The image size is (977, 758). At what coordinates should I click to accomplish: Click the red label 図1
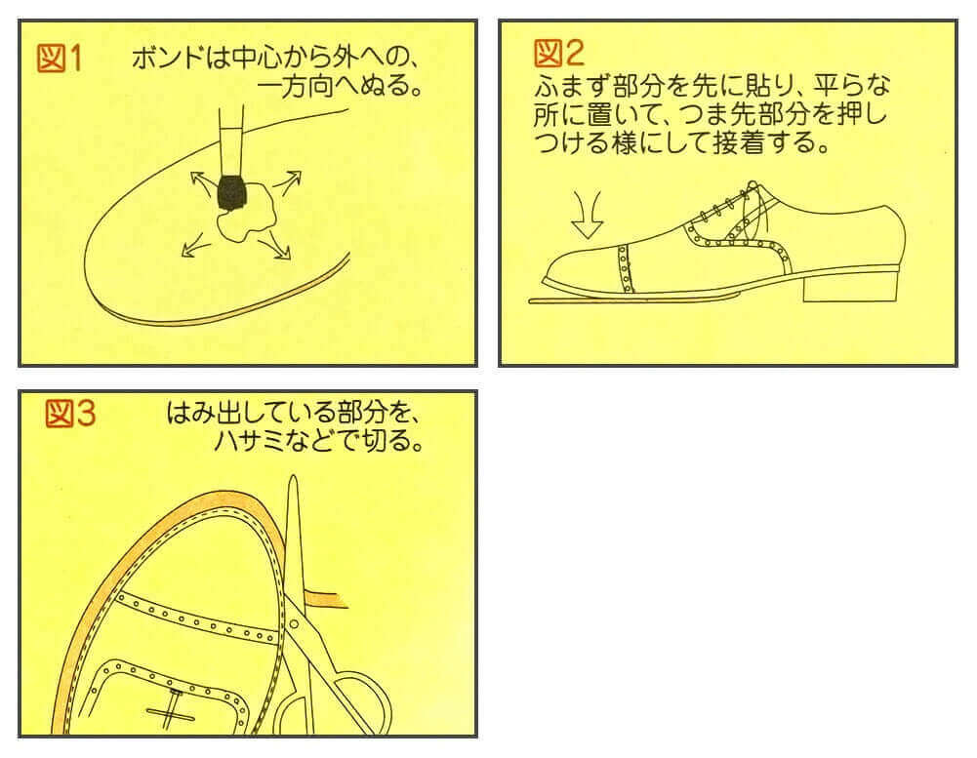click(61, 59)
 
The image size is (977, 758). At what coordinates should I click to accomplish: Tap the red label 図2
click(558, 51)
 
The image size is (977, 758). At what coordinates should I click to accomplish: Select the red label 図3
click(69, 416)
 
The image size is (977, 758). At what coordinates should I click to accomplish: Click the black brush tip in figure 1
click(231, 191)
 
